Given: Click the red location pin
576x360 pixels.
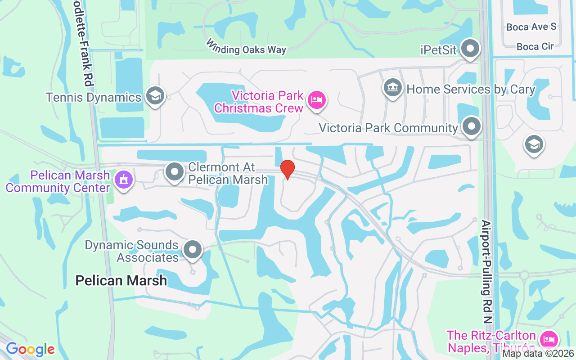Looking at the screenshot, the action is pos(288,170).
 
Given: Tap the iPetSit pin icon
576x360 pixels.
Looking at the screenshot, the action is pos(471,48).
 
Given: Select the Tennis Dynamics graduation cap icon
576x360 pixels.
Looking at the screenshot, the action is pos(155,96).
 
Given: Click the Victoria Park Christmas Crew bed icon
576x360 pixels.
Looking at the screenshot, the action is pos(318,99).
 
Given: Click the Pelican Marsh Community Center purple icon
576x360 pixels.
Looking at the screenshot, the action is pos(123,180).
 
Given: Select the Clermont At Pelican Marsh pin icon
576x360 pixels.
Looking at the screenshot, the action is pos(175,172).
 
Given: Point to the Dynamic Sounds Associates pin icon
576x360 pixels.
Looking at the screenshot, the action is pos(193,250).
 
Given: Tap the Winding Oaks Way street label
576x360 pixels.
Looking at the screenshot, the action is pos(246,47).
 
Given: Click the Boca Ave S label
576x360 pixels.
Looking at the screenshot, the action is pos(531,27).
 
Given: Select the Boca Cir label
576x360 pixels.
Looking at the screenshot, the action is pos(535,46).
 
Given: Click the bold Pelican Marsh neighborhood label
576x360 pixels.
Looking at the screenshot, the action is pos(121,281).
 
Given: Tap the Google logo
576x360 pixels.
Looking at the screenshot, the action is pos(30,349).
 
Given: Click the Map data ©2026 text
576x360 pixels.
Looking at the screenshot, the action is pos(538,353).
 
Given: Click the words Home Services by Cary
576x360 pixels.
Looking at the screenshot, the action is pos(470,89).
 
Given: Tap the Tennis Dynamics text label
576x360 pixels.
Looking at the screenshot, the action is pos(94,97).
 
